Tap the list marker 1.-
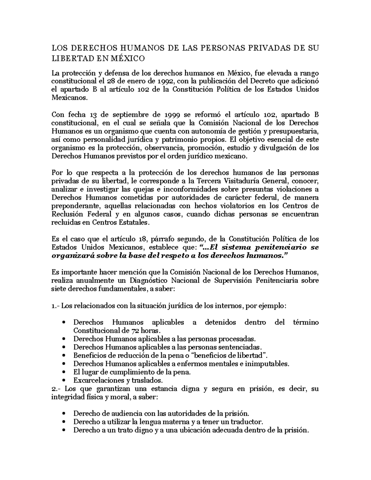click(56, 306)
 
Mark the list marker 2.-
click(56, 389)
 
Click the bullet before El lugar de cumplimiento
click(64, 372)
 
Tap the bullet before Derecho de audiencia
click(64, 414)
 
